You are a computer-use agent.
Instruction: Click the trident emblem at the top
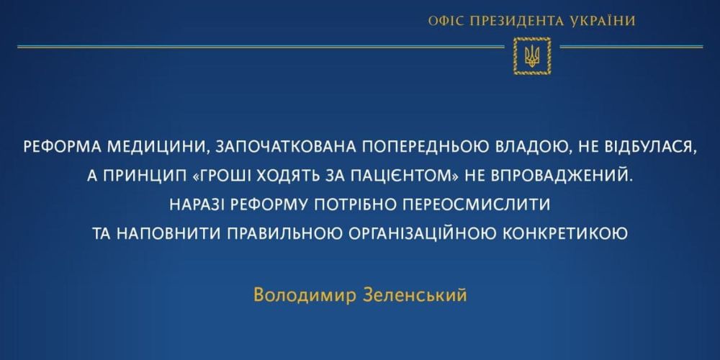[x=532, y=55]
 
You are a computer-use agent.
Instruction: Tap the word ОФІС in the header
[x=445, y=21]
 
